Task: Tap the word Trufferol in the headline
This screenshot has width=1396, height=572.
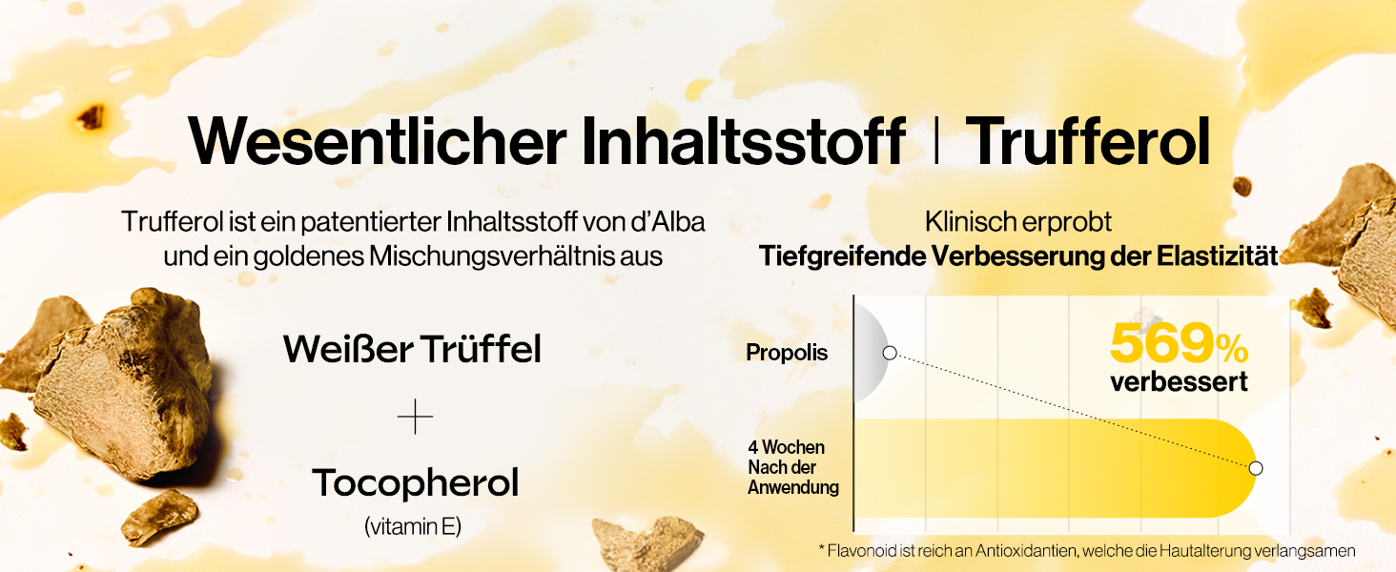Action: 1088,142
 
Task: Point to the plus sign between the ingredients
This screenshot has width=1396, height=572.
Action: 415,418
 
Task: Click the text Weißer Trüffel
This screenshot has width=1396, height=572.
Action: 412,350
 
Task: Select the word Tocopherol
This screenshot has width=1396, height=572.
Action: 415,483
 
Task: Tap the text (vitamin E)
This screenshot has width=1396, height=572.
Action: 413,525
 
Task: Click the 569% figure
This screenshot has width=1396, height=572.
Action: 1179,344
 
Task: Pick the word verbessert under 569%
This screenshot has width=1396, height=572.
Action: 1179,382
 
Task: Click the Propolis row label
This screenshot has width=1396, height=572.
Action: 787,353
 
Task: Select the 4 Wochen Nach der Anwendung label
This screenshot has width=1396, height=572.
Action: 787,467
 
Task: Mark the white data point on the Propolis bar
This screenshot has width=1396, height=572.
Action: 890,353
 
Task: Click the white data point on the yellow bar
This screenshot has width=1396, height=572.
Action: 1256,468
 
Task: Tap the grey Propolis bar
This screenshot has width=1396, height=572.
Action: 870,353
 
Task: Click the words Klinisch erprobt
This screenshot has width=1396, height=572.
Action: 1018,222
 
